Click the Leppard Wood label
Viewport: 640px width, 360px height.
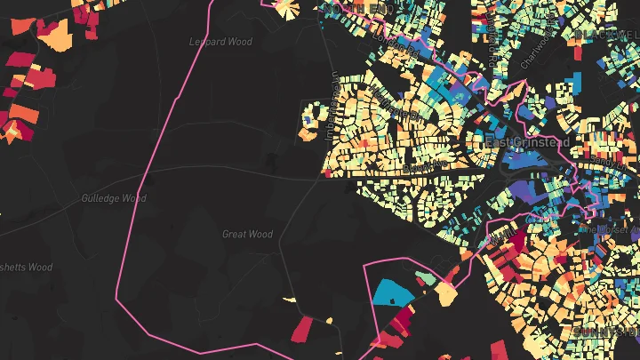[x=221, y=42]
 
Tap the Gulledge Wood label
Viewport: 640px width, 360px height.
[x=113, y=198]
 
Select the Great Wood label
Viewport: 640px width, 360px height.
[x=247, y=235]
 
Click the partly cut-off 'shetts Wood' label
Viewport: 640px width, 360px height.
[x=27, y=268]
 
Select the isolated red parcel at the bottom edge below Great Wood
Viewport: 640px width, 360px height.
[x=302, y=330]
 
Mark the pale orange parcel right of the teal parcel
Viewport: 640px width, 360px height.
[x=445, y=296]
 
